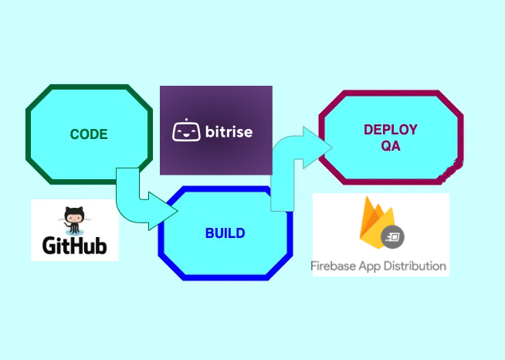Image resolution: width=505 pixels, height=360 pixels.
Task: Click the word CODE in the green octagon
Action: (x=89, y=134)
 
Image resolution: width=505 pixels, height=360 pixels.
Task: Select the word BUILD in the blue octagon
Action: (x=225, y=233)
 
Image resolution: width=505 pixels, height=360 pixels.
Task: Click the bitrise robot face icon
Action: (x=184, y=131)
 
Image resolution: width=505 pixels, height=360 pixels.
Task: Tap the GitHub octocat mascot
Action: (x=75, y=219)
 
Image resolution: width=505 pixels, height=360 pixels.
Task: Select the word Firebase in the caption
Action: (x=334, y=266)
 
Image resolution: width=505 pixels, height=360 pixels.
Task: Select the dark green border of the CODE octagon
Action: (x=29, y=134)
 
